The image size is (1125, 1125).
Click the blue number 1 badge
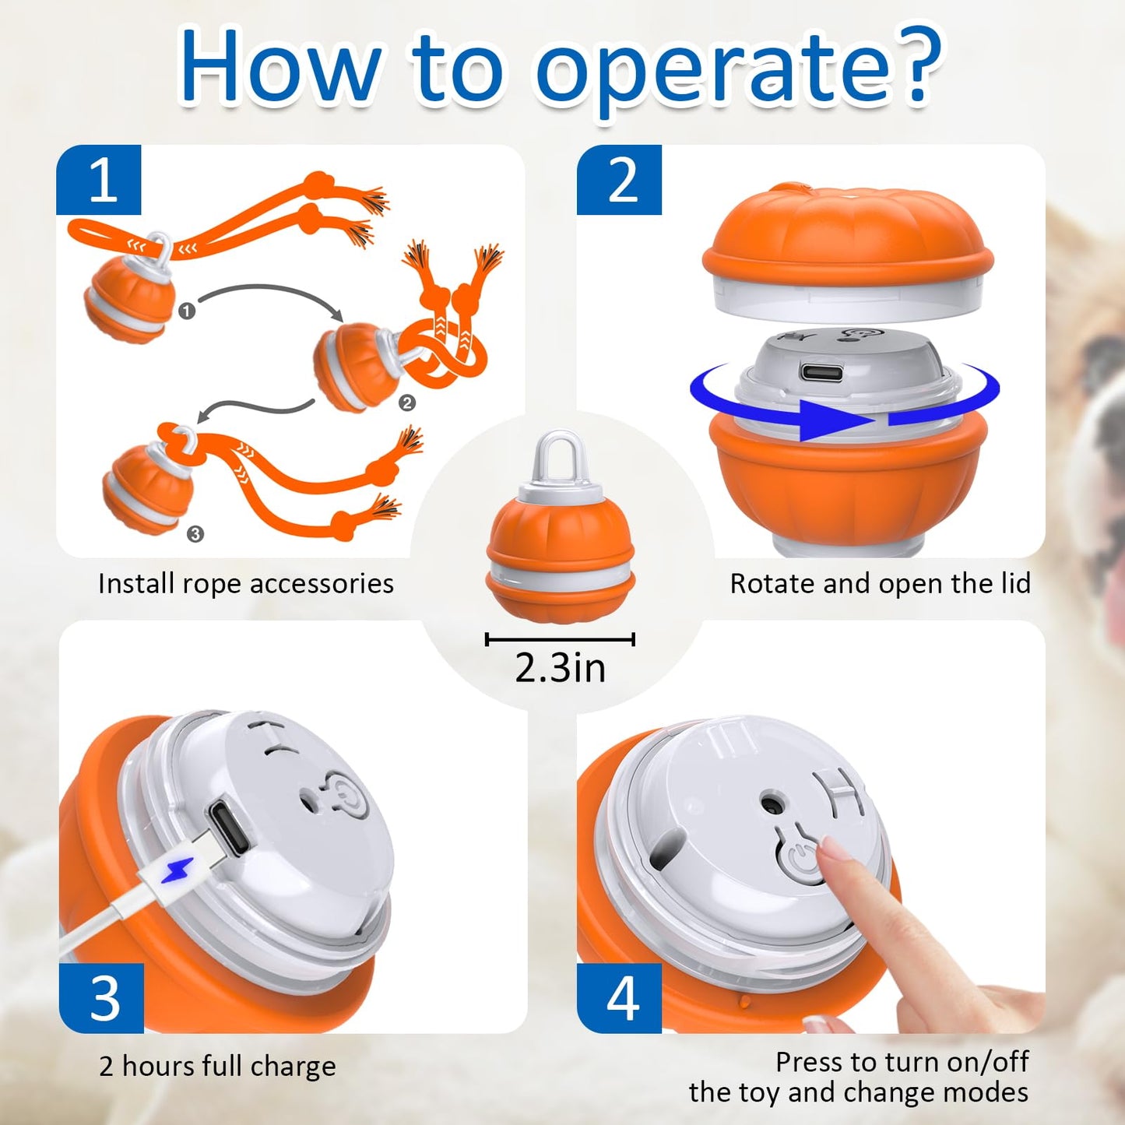[99, 180]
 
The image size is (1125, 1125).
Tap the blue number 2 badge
[619, 180]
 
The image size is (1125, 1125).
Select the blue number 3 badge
[102, 997]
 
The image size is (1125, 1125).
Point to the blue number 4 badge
[620, 997]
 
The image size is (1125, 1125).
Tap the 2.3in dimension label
[560, 668]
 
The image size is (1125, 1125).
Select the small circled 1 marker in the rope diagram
[187, 311]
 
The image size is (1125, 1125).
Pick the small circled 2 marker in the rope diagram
[406, 403]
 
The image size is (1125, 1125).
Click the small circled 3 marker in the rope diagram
[195, 533]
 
